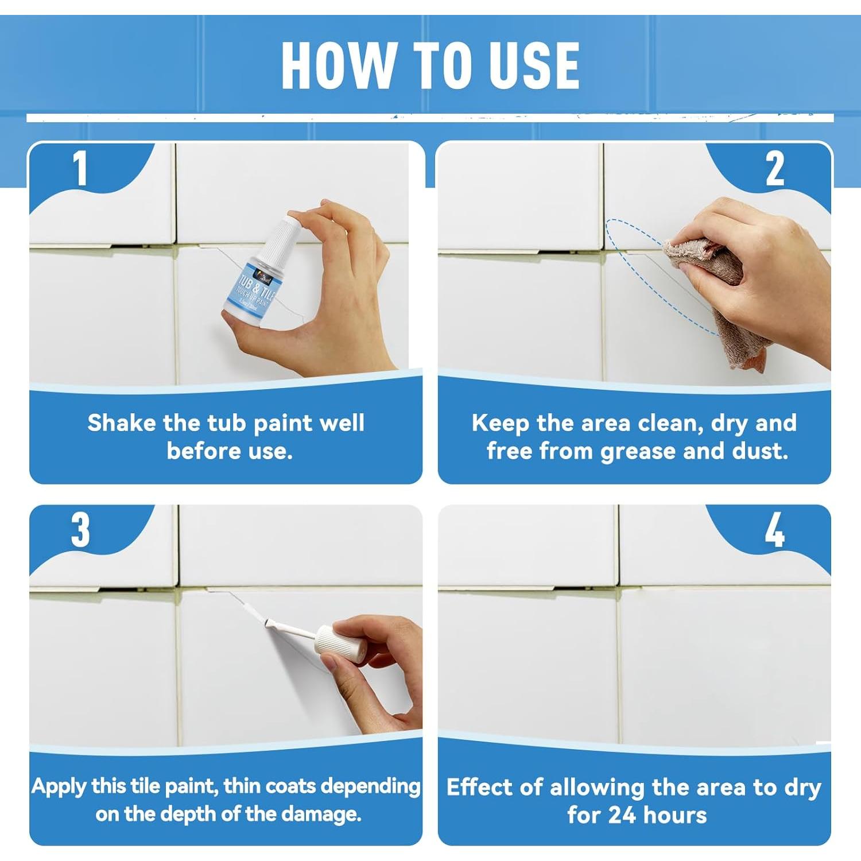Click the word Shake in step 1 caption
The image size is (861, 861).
pyautogui.click(x=121, y=423)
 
